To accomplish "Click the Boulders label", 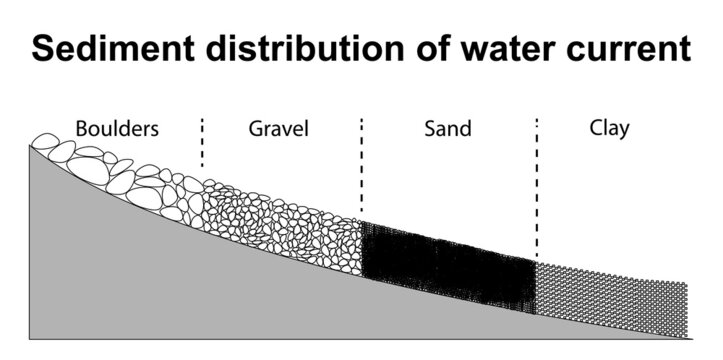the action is tap(116, 129).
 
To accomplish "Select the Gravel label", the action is tap(278, 129).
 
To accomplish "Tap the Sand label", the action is tap(447, 129).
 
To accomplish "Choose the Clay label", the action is tap(609, 129).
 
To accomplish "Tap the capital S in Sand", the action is tap(430, 129).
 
